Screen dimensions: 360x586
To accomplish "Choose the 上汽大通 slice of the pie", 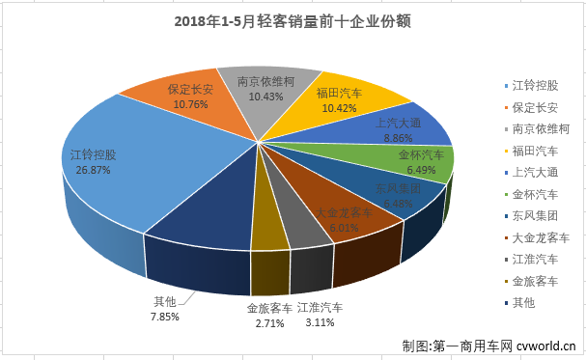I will click(x=406, y=125).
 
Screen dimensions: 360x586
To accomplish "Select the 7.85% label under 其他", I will click(x=166, y=315).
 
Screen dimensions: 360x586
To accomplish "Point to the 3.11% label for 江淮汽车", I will click(x=319, y=323).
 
